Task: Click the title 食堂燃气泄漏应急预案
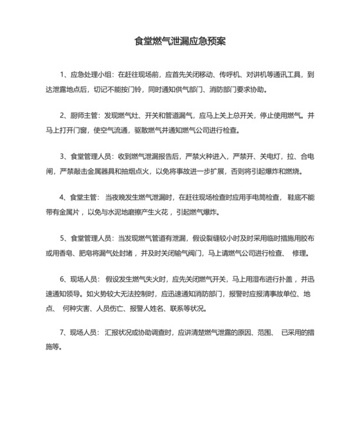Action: [x=179, y=41]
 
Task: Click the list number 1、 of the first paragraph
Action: [x=64, y=75]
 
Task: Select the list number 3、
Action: [x=64, y=156]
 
